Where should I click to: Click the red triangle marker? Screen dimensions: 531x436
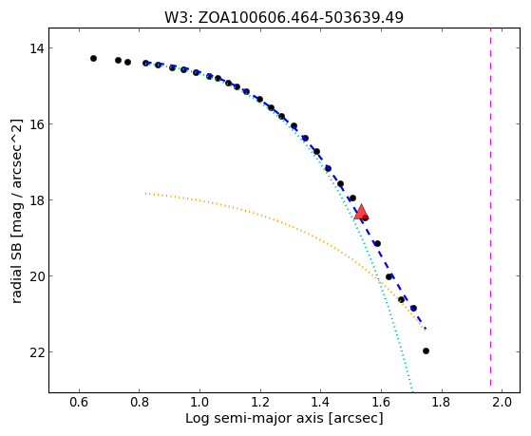pos(361,212)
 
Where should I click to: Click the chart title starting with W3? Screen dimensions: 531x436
pos(284,18)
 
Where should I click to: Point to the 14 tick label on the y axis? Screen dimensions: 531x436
pos(37,48)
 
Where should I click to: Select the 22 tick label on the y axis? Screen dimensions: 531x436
pos(37,352)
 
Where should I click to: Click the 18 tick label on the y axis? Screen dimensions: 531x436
pos(37,199)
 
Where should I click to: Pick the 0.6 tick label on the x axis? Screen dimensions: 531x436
pos(79,402)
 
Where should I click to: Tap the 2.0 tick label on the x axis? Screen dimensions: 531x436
pos(502,402)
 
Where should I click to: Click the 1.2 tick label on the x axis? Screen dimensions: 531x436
pos(260,402)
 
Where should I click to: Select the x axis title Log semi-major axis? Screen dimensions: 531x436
pos(284,418)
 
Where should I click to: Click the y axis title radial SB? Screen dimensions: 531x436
pos(16,211)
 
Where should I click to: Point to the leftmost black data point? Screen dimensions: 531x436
pos(93,59)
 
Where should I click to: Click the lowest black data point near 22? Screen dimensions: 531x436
pos(426,351)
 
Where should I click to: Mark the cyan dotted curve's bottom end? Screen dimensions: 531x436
pos(412,391)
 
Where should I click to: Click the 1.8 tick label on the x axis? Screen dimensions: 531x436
pos(442,402)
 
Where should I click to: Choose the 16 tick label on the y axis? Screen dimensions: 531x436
pos(37,124)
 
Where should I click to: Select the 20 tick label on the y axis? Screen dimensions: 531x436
pos(37,276)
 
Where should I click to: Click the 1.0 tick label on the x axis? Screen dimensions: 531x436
pos(199,402)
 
